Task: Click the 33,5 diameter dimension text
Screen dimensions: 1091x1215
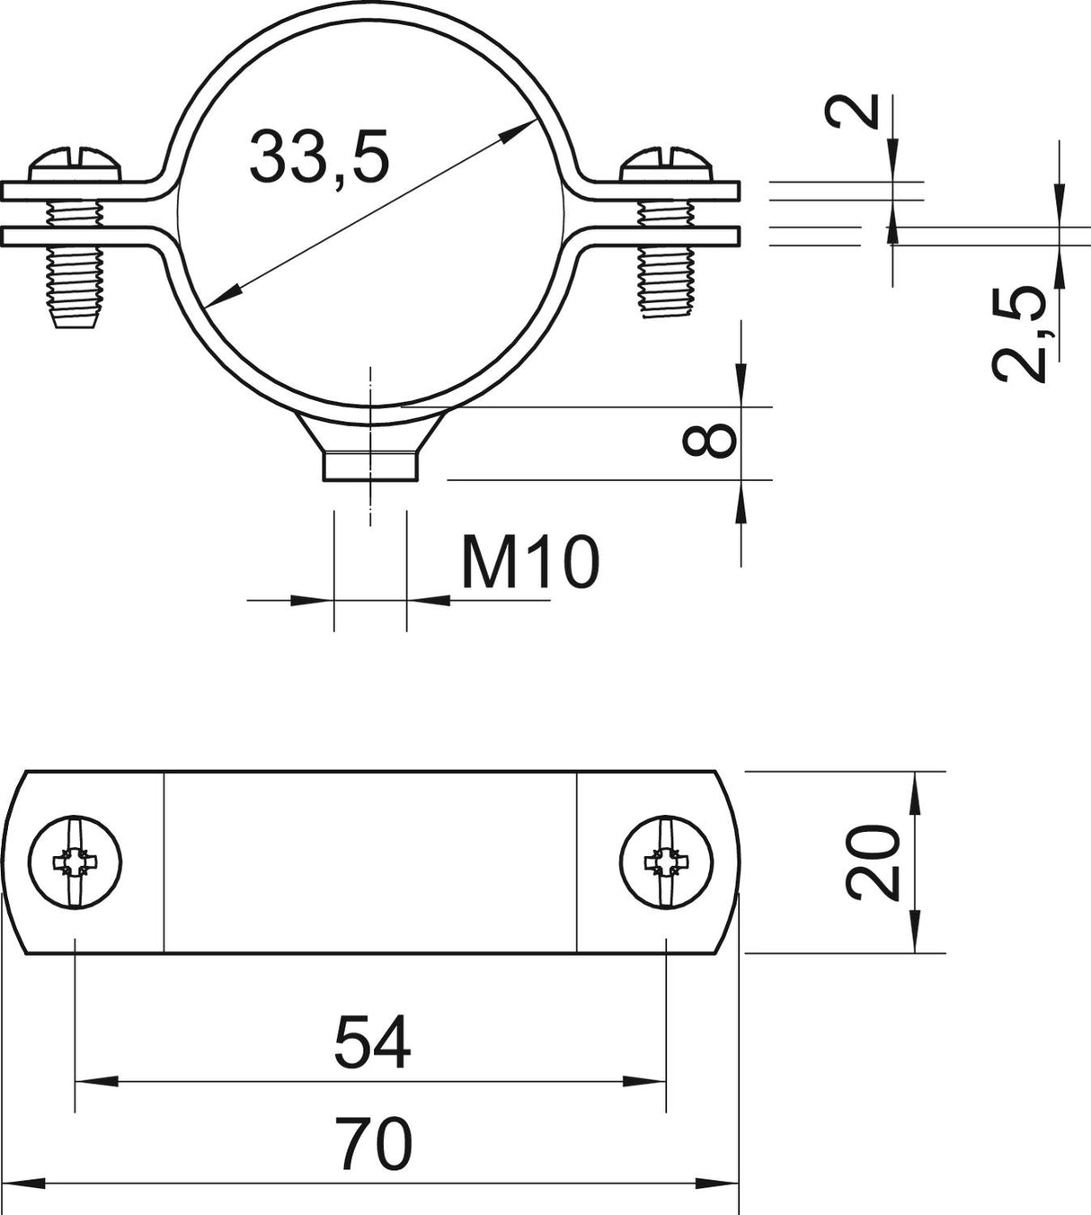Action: pos(320,157)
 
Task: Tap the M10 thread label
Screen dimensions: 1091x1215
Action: pos(530,562)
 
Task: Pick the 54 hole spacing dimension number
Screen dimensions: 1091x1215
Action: pos(372,1042)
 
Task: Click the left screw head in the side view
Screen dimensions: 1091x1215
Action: pos(75,165)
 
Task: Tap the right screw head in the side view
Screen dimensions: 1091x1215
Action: pos(666,164)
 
